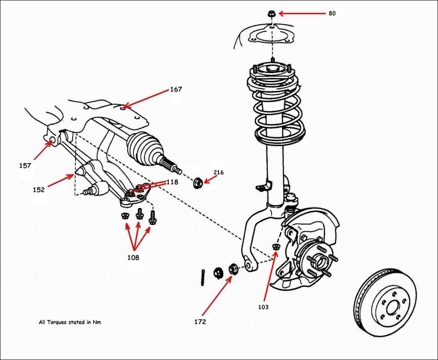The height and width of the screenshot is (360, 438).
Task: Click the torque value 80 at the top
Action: tap(332, 13)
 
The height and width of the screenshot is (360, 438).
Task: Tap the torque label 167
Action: tap(176, 89)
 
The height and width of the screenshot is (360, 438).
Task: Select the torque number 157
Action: tap(25, 166)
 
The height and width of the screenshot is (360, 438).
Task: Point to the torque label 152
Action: tap(38, 190)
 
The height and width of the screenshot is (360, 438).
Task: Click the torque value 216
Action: tap(219, 173)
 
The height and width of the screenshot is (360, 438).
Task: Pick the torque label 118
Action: tap(172, 182)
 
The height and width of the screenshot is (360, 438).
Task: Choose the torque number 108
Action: tap(133, 258)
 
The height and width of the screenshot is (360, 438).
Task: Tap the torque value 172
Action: tap(200, 321)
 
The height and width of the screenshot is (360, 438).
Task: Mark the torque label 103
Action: tap(264, 307)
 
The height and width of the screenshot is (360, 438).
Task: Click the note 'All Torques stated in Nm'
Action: tap(70, 322)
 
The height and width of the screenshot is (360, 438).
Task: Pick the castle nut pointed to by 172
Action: tap(234, 269)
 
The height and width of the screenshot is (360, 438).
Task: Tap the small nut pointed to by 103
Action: tap(275, 246)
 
